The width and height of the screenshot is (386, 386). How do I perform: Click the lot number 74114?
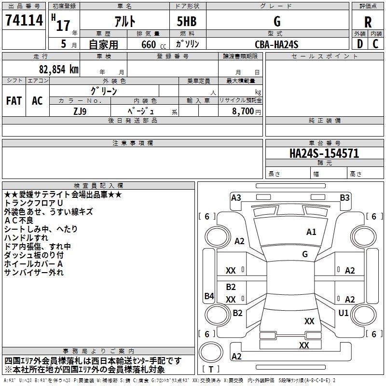coord(24,21)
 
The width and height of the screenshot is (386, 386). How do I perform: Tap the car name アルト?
coord(124,22)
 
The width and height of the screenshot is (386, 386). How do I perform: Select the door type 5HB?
coord(187,22)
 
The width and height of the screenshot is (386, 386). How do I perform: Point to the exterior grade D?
coord(359,43)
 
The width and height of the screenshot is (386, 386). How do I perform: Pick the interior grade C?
coord(375,43)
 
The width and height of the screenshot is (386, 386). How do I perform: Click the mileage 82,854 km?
coord(55,69)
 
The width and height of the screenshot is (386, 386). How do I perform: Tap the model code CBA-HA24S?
coord(276,44)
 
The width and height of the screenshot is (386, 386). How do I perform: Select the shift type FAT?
coord(14,101)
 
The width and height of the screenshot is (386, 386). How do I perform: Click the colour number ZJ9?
coord(80,110)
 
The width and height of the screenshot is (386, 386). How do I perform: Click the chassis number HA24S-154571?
coord(324,153)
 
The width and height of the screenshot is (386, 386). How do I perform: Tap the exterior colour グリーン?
coord(104,91)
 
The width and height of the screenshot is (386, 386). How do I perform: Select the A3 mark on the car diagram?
coord(236,197)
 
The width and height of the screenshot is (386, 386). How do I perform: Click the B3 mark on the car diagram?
coord(345,197)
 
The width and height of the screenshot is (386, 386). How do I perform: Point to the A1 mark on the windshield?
coord(311,232)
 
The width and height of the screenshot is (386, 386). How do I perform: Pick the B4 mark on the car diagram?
coord(209,296)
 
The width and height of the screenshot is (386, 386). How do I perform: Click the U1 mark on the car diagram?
coord(344,313)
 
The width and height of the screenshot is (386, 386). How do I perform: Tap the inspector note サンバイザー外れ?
coord(34,273)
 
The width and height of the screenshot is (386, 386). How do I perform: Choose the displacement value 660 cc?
coord(151,44)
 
